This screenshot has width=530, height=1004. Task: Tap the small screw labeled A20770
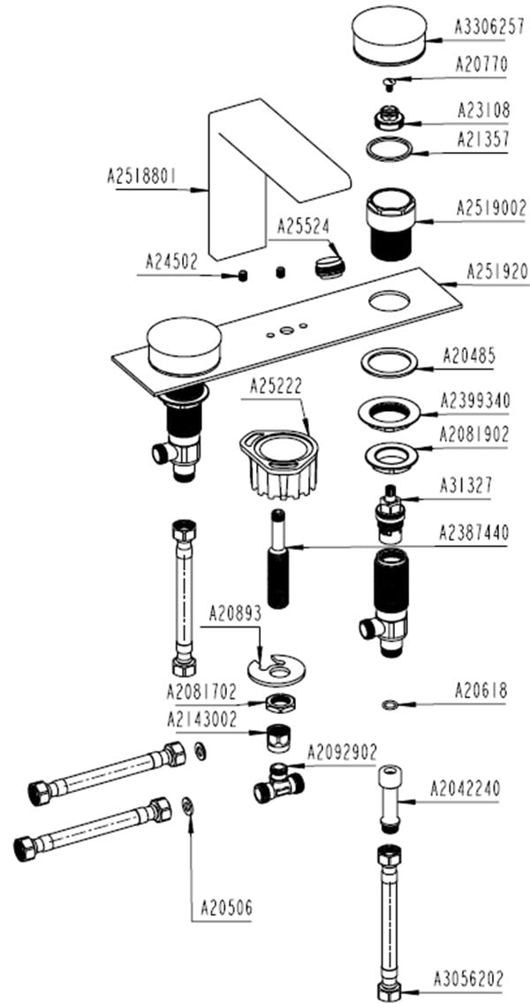(x=387, y=83)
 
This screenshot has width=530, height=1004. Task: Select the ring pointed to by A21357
(x=390, y=148)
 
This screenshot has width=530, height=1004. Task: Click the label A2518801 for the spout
(x=141, y=176)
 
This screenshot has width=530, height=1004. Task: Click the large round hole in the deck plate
(x=390, y=301)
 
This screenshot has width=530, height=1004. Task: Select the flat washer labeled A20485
(x=390, y=363)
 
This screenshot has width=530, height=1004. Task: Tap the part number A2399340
(x=475, y=401)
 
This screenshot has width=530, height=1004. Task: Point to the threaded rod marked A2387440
(x=279, y=559)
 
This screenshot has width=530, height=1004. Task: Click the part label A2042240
(x=465, y=789)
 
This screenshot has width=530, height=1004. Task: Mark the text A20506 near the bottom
(x=227, y=908)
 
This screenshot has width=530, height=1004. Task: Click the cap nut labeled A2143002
(x=279, y=739)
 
